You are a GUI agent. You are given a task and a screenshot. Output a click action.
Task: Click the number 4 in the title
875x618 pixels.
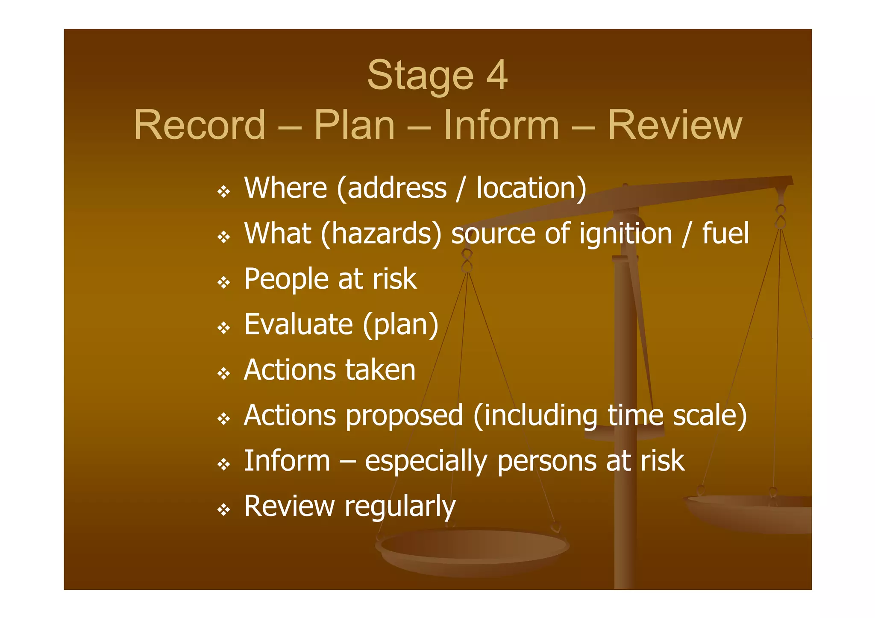coord(496,75)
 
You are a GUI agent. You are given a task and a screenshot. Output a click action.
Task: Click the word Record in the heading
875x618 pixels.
coord(200,125)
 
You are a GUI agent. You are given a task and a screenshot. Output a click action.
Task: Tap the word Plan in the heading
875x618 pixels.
coord(354,125)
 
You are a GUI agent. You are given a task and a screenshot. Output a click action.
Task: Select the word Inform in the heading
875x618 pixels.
coord(501,125)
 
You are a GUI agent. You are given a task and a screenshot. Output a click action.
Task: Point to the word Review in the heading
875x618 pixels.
coord(675,125)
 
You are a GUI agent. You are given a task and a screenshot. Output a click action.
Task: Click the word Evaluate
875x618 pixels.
coord(298,324)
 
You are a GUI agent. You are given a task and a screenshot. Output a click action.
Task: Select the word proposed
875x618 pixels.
coord(404,416)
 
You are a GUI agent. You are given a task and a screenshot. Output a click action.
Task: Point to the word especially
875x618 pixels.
coord(426,462)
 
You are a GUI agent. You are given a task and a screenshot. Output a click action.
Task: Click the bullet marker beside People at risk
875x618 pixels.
coord(224,282)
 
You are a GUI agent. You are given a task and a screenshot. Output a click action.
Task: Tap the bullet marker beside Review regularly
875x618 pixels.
coord(224,510)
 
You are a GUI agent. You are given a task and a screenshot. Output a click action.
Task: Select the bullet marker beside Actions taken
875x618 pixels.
coord(224,374)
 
